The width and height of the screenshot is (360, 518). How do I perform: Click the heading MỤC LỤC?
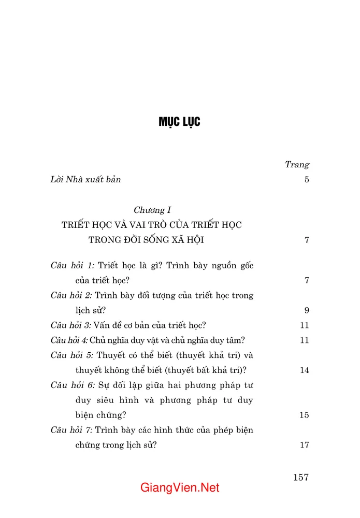click(x=179, y=122)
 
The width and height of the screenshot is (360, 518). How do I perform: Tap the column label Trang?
click(x=297, y=165)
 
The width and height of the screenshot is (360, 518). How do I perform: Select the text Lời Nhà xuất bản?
click(x=85, y=180)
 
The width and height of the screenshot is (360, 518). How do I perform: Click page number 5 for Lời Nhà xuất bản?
click(x=307, y=180)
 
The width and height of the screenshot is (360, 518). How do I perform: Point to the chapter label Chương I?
click(x=152, y=210)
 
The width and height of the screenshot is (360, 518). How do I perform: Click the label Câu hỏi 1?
click(x=73, y=265)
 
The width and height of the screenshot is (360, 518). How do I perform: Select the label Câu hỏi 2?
click(x=71, y=295)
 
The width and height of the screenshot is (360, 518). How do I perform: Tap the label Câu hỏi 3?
click(x=71, y=325)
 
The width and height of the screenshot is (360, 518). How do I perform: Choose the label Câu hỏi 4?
click(x=69, y=340)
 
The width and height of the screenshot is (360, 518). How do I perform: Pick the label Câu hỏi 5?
click(x=71, y=355)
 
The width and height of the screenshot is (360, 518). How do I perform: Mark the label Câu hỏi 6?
click(x=73, y=385)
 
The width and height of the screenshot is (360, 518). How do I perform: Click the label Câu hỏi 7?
click(x=71, y=430)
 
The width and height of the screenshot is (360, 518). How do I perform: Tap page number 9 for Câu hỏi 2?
click(x=307, y=311)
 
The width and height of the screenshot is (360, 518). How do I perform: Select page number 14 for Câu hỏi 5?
click(x=304, y=370)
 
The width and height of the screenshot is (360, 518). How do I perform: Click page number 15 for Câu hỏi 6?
click(x=304, y=415)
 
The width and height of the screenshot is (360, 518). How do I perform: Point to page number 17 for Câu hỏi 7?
click(x=304, y=445)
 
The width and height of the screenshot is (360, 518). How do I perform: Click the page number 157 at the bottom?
click(x=300, y=477)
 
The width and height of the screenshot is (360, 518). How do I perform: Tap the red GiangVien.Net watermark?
click(x=180, y=488)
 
